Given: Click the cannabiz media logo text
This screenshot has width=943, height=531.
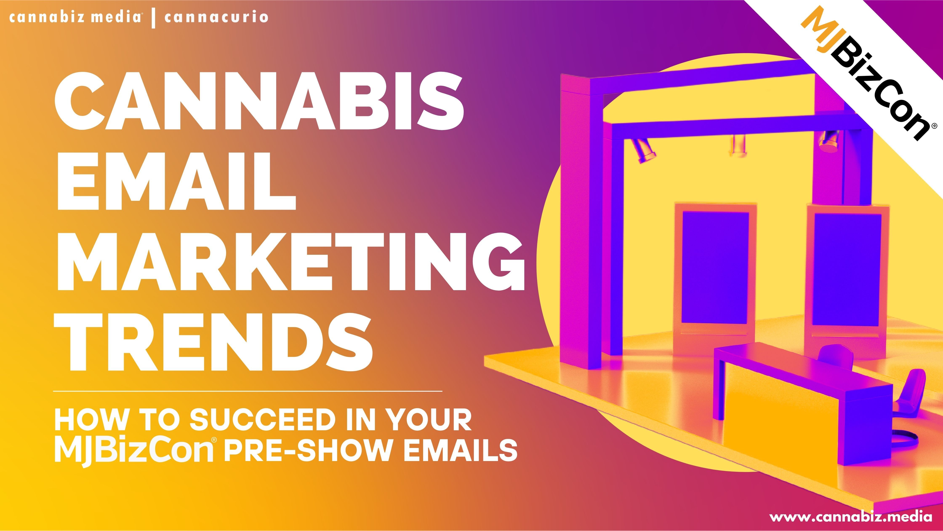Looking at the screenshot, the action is (x=75, y=17).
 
